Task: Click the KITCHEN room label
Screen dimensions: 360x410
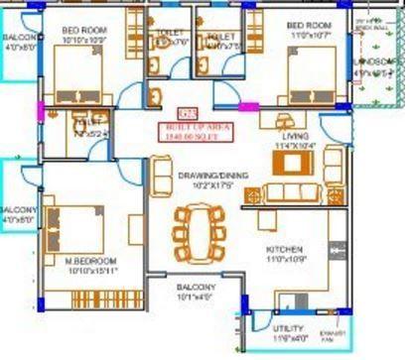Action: (283, 249)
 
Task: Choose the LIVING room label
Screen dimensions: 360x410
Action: (295, 136)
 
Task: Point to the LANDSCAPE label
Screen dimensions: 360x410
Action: (373, 61)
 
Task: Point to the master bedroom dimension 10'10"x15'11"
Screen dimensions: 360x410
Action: (92, 268)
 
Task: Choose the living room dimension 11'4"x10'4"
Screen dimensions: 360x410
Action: (295, 147)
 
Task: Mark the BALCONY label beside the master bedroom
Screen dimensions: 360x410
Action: (18, 210)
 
